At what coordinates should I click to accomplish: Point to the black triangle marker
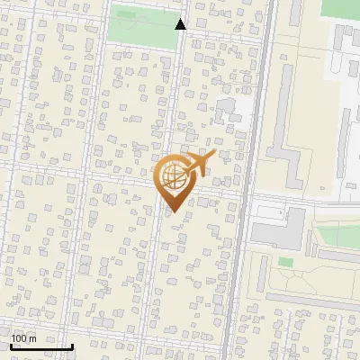[x=181, y=24]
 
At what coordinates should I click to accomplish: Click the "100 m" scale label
[x=24, y=338]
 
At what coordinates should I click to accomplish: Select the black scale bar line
[x=41, y=346]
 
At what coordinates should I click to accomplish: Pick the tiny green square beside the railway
[x=285, y=262]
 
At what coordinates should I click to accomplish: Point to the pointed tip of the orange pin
[x=173, y=211]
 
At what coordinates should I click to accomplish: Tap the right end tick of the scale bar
[x=72, y=346]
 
